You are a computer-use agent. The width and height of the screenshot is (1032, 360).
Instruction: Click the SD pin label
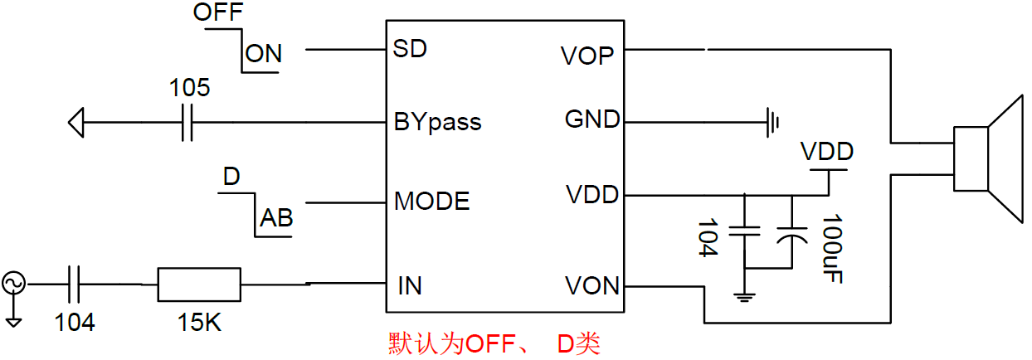tap(410, 49)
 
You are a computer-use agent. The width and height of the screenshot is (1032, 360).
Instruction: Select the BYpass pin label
tap(437, 123)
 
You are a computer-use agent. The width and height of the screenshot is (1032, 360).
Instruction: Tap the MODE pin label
tap(431, 201)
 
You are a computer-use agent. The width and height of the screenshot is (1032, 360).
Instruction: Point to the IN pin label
tap(409, 286)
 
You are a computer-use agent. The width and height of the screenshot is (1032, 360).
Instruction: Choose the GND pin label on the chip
tap(591, 119)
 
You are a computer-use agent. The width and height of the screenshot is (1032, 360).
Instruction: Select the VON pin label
tap(591, 286)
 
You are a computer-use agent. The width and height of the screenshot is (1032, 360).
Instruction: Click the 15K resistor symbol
tap(199, 285)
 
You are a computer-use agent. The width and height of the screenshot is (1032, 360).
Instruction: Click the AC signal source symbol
tap(14, 284)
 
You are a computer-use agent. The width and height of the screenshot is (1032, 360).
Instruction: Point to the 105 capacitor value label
tap(190, 88)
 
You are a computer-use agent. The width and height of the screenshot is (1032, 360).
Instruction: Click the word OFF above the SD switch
tap(218, 14)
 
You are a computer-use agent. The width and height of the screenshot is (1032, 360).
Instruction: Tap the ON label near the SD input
tap(264, 55)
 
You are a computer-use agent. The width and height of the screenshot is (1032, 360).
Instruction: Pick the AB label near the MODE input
tap(277, 218)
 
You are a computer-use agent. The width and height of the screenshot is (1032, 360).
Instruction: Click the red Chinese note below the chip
tap(494, 343)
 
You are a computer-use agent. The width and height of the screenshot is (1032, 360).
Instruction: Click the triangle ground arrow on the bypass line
tap(75, 124)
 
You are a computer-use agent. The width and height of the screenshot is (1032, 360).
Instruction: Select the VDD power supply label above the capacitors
tap(826, 153)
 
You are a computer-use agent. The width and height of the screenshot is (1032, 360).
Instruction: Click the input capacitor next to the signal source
tap(74, 285)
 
